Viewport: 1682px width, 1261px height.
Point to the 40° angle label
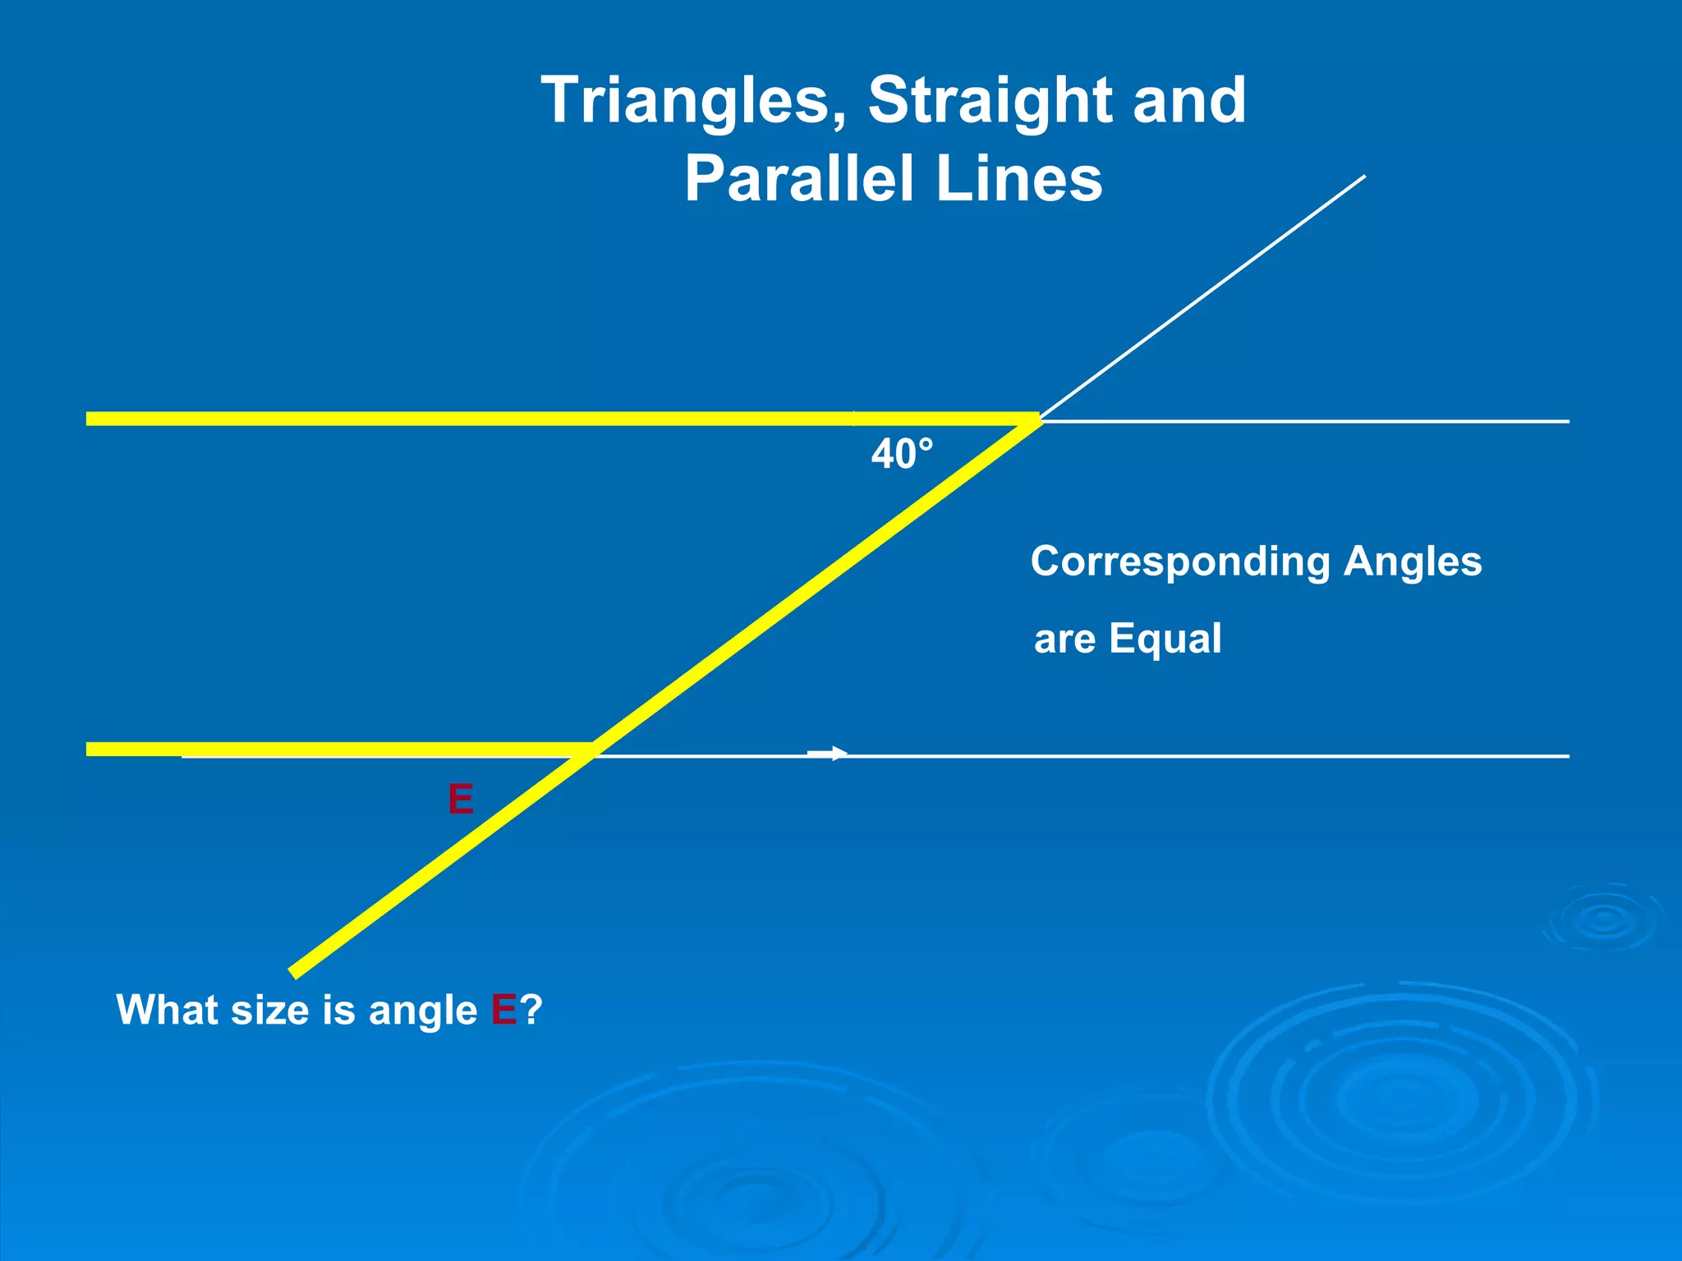coord(902,454)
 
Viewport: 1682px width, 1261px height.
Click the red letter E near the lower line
coord(461,799)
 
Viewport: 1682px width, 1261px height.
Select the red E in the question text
coord(503,1010)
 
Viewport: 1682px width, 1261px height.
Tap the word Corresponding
coord(1179,562)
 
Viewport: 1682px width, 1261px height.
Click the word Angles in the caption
coord(1413,562)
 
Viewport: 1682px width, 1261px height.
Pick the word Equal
coord(1165,639)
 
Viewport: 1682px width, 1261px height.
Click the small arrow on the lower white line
coord(828,753)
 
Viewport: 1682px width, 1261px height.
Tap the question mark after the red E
coord(531,1010)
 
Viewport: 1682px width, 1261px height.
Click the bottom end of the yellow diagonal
coord(294,973)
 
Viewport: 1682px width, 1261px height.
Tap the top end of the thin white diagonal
coord(1364,177)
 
